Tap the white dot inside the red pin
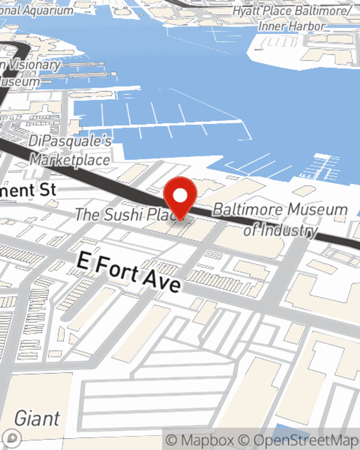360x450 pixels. click(x=180, y=196)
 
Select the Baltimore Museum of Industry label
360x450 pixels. click(x=280, y=219)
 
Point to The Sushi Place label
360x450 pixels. click(x=124, y=215)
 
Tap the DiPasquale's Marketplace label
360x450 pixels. click(x=70, y=150)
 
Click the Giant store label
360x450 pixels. click(x=37, y=418)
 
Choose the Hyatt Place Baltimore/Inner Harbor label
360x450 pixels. click(x=292, y=18)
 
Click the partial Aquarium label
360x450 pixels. click(x=36, y=10)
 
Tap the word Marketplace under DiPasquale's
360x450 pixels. click(x=70, y=159)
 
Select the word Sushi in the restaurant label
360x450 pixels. click(x=120, y=215)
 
